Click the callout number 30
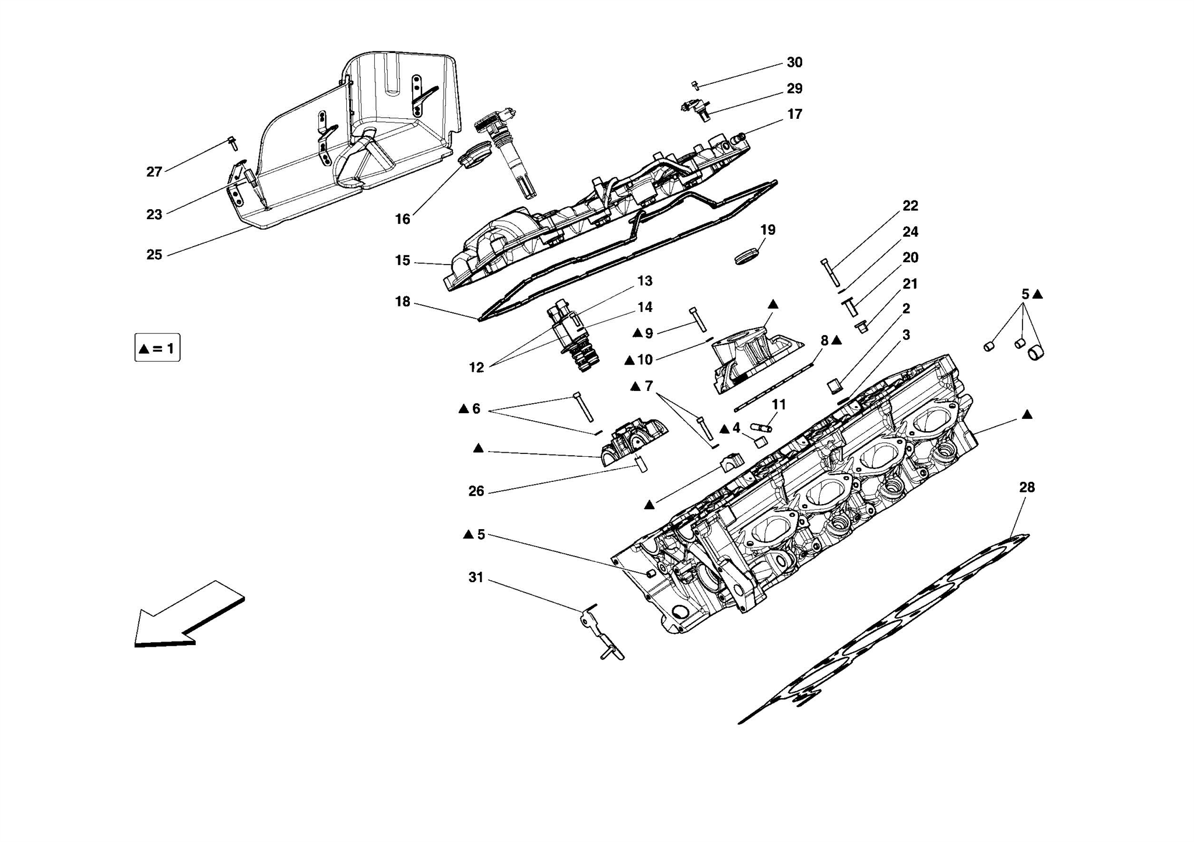click(794, 62)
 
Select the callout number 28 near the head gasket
click(1026, 487)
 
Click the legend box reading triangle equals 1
click(157, 348)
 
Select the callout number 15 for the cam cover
click(402, 260)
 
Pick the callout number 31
click(476, 577)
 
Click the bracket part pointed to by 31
click(600, 633)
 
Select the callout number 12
click(476, 368)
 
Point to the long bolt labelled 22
click(830, 272)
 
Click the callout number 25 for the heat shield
click(154, 255)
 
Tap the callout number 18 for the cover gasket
click(402, 302)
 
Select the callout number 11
click(778, 404)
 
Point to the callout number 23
click(154, 214)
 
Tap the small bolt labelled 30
click(695, 86)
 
